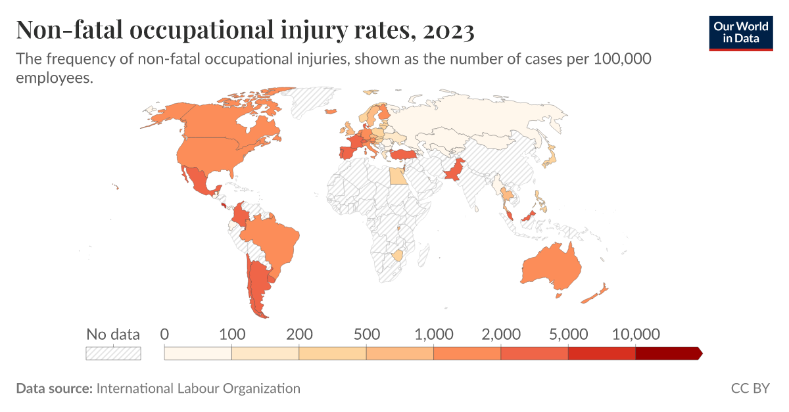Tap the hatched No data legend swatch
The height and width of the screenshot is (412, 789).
pyautogui.click(x=113, y=354)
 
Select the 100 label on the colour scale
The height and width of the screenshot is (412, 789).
pyautogui.click(x=231, y=334)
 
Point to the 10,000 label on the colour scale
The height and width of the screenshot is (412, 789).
pyautogui.click(x=635, y=334)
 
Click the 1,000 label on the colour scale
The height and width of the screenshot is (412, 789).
pyautogui.click(x=433, y=334)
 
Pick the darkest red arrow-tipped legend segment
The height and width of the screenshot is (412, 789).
pyautogui.click(x=668, y=354)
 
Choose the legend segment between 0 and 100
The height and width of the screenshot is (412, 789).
pyautogui.click(x=198, y=354)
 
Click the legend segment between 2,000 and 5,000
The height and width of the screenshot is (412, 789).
pyautogui.click(x=534, y=354)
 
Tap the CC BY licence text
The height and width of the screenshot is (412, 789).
pyautogui.click(x=750, y=388)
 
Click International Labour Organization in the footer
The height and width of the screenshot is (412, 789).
pyautogui.click(x=198, y=388)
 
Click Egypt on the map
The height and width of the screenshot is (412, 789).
pyautogui.click(x=398, y=175)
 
